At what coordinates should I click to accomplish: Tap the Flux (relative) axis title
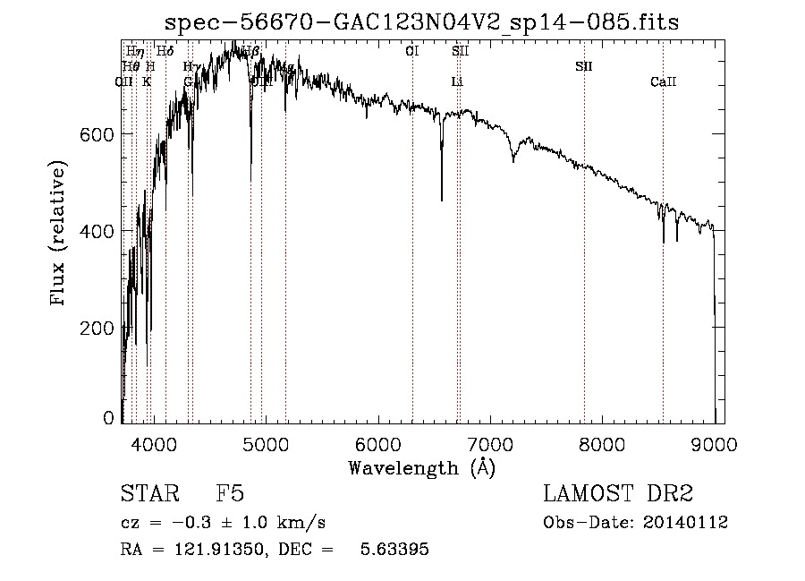[x=60, y=235]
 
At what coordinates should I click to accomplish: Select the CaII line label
[x=663, y=82]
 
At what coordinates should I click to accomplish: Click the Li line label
[x=457, y=82]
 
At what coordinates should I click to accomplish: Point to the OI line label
[x=412, y=51]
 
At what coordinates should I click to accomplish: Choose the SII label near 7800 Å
[x=584, y=66]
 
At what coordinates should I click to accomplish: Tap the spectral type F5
[x=230, y=495]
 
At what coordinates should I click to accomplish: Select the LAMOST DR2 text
[x=618, y=495]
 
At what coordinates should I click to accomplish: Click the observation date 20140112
[x=686, y=523]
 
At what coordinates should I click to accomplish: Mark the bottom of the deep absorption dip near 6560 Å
[x=441, y=200]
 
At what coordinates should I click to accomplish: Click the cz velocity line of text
[x=224, y=523]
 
